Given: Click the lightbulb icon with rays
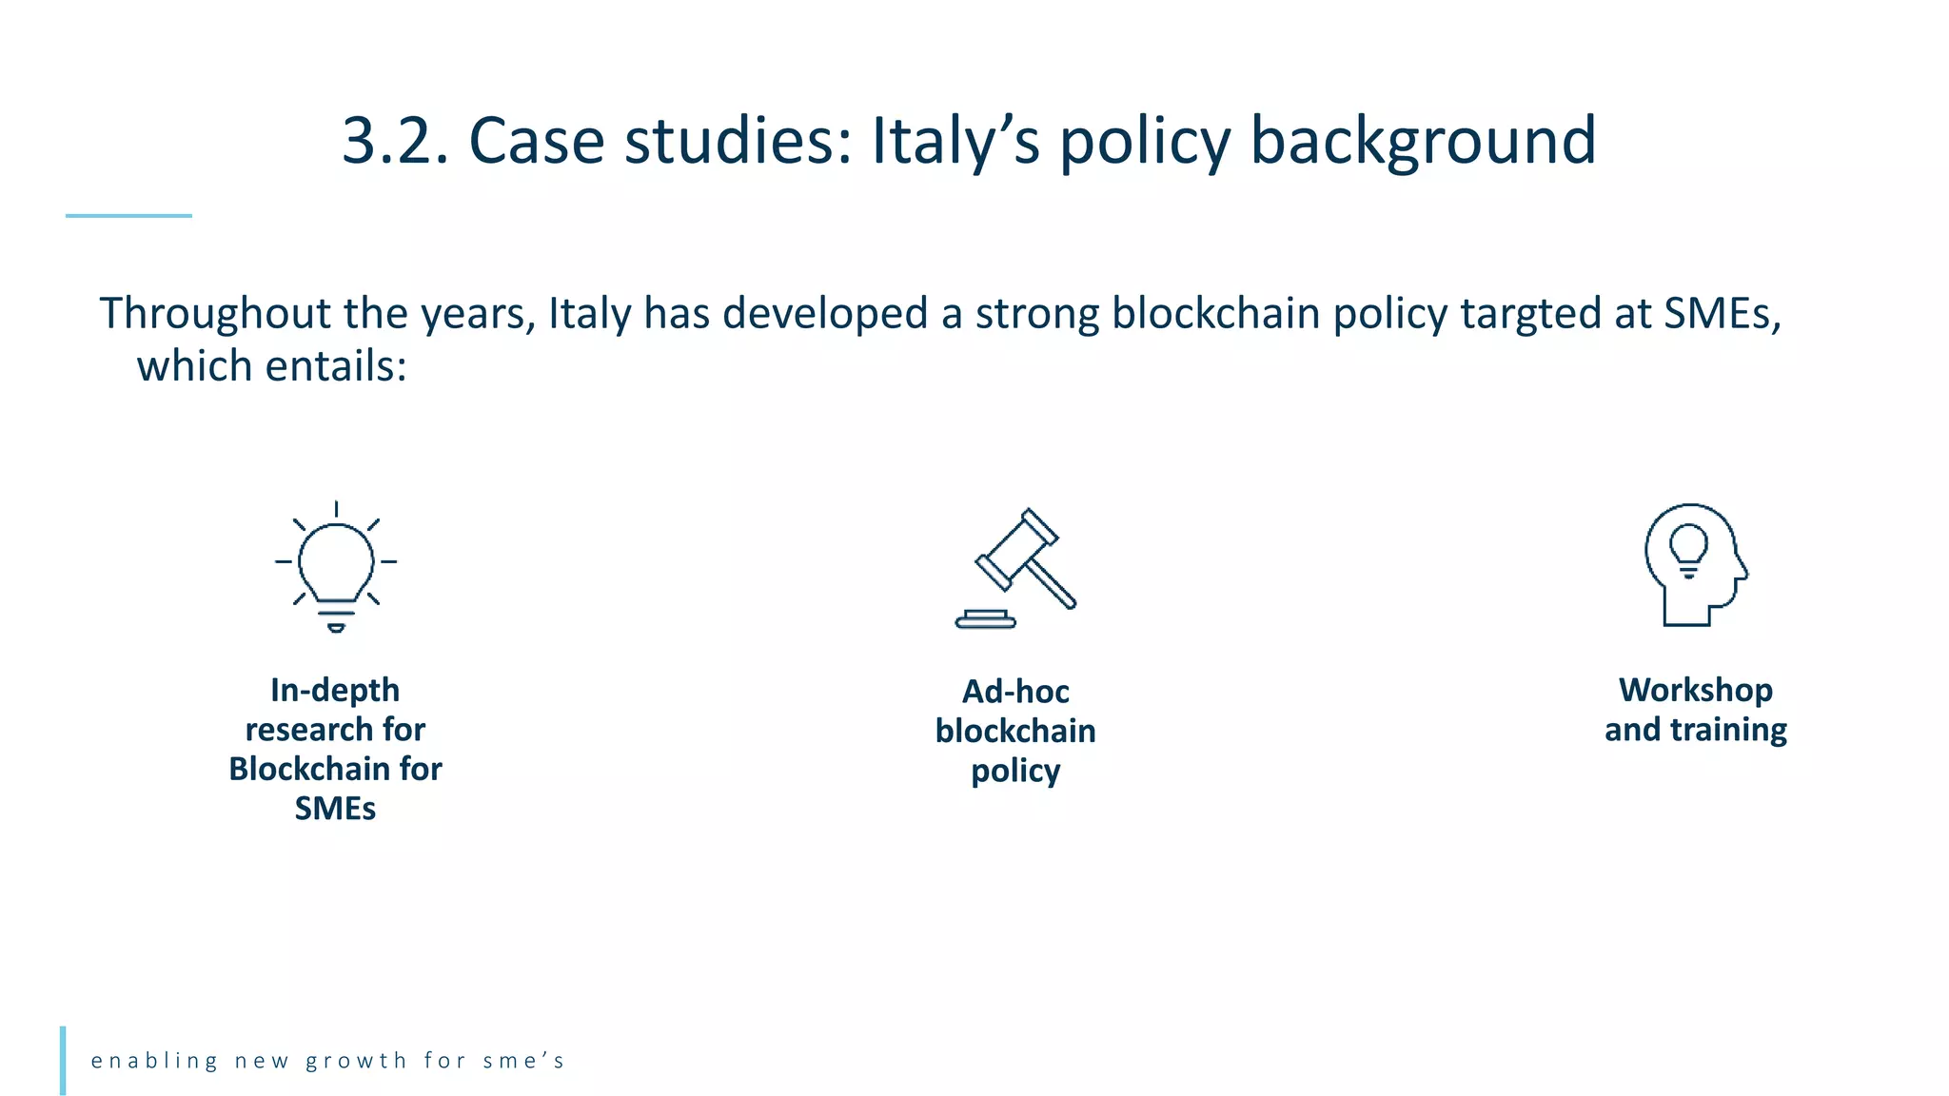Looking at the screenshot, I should pyautogui.click(x=336, y=567).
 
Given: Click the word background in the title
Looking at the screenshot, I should pyautogui.click(x=1423, y=141).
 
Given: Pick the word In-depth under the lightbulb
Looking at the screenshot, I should pyautogui.click(x=335, y=690).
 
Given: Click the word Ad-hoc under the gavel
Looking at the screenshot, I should pyautogui.click(x=1015, y=692).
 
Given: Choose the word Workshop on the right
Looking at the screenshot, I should pyautogui.click(x=1696, y=690).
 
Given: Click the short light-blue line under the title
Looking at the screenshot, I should pyautogui.click(x=128, y=216).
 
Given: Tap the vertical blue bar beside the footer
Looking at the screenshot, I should pyautogui.click(x=63, y=1060).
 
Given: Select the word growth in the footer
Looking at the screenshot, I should pyautogui.click(x=357, y=1061).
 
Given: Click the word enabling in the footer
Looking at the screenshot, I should pyautogui.click(x=155, y=1061).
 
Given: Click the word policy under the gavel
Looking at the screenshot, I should pyautogui.click(x=1015, y=771).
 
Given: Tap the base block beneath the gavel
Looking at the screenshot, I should pyautogui.click(x=986, y=620).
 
